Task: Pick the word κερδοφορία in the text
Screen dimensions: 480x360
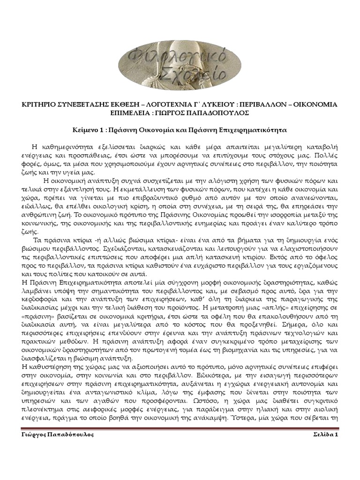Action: pyautogui.click(x=40, y=300)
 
